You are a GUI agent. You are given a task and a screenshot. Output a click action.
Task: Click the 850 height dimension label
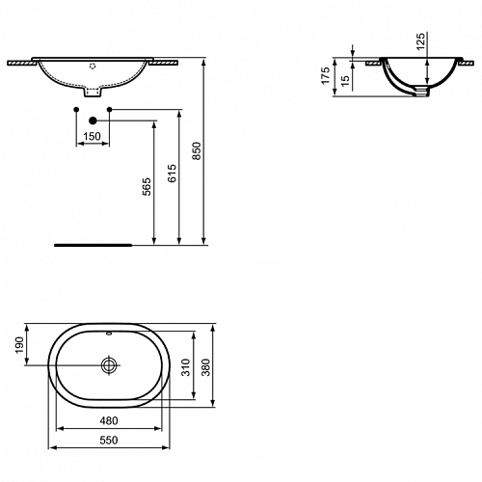[197, 151]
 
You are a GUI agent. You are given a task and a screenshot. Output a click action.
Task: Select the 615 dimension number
[173, 174]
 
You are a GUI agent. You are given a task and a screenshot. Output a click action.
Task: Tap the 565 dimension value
[147, 187]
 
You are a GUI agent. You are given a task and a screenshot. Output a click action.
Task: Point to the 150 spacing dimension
[92, 136]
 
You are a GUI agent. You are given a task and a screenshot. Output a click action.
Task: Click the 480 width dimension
[109, 420]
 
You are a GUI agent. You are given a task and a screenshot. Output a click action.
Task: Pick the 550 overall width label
[109, 441]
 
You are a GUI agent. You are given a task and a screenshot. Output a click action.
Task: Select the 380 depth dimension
[205, 367]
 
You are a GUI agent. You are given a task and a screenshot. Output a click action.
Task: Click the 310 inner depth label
[186, 367]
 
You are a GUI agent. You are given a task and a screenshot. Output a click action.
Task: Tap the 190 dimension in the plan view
[20, 345]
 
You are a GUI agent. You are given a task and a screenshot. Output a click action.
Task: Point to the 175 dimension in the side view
[326, 76]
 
